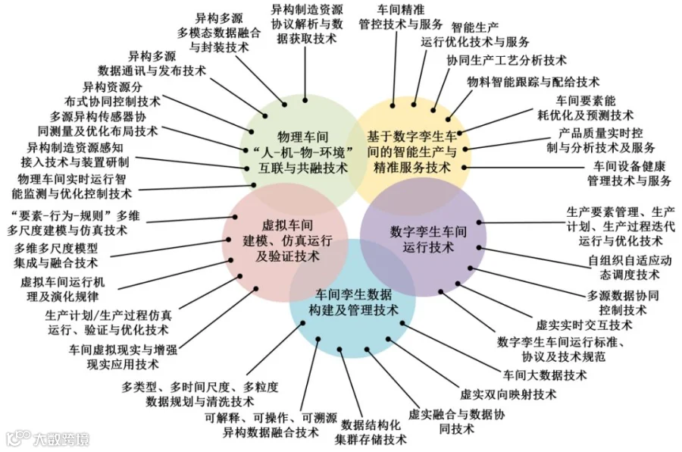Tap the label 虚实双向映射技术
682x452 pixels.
pos(508,394)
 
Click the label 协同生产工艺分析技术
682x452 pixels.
pos(506,60)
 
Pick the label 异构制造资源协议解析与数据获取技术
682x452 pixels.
pos(306,24)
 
